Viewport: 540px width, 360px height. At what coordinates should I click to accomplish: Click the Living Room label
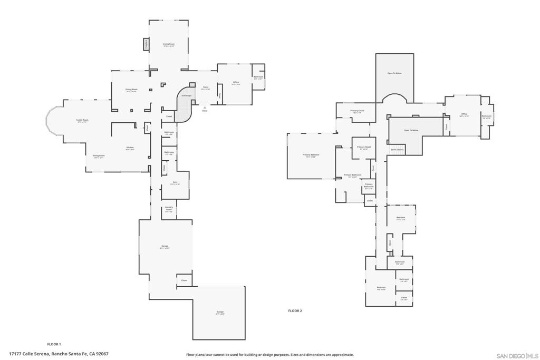(169, 44)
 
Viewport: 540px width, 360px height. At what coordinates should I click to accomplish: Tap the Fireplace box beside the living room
(146, 45)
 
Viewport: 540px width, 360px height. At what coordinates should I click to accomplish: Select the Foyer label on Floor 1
(206, 88)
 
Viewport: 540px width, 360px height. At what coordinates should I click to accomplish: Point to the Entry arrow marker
(205, 108)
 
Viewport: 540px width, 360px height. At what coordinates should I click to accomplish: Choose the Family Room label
(82, 121)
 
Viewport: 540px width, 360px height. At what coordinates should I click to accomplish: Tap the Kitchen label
(130, 148)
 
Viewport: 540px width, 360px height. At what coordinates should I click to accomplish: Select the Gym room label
(175, 183)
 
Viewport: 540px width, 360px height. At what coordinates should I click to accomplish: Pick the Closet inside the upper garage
(184, 280)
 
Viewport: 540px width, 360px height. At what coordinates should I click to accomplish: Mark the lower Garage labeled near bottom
(220, 313)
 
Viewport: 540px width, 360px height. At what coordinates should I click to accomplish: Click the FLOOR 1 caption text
(54, 344)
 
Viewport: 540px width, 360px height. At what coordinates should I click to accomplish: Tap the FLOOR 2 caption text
(295, 311)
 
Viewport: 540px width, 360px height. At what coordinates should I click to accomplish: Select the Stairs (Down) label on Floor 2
(397, 149)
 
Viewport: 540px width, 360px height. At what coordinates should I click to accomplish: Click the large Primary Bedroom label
(310, 155)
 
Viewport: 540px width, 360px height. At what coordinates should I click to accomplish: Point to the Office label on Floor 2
(464, 114)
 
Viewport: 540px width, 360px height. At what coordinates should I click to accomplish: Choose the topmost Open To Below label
(394, 73)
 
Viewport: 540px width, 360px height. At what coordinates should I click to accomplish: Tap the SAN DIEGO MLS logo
(517, 355)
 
